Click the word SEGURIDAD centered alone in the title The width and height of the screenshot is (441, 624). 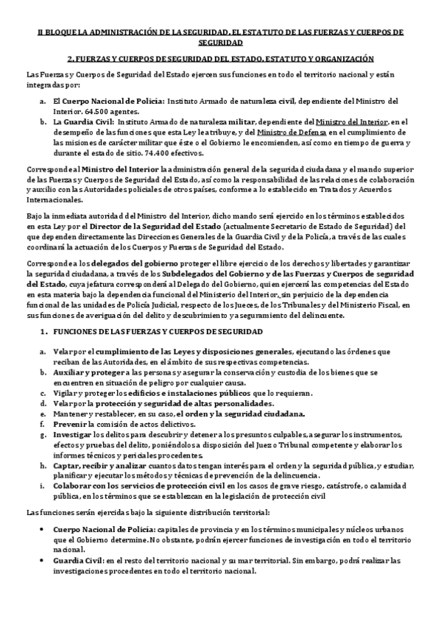point(220,43)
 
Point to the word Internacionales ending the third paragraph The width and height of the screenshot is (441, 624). point(54,199)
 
